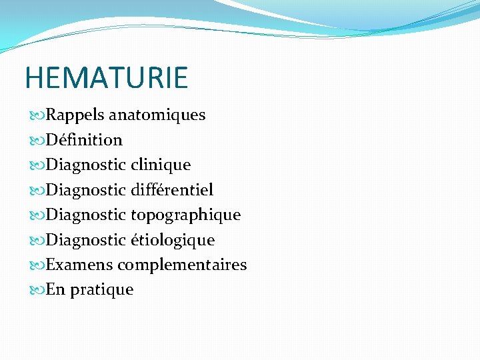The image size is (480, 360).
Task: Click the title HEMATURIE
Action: pyautogui.click(x=107, y=77)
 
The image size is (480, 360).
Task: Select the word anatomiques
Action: pyautogui.click(x=157, y=115)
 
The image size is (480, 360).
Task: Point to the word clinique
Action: pyautogui.click(x=161, y=165)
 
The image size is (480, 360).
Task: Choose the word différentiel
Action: pyautogui.click(x=172, y=190)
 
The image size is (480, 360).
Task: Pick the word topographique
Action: pyautogui.click(x=185, y=215)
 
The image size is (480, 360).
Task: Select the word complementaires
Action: pyautogui.click(x=182, y=265)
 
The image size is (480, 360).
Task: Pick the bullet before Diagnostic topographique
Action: pyautogui.click(x=37, y=215)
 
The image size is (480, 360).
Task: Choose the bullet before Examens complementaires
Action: pyautogui.click(x=37, y=265)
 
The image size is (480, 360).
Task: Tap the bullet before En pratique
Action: pyautogui.click(x=37, y=290)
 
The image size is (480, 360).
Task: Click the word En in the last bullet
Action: pyautogui.click(x=55, y=290)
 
